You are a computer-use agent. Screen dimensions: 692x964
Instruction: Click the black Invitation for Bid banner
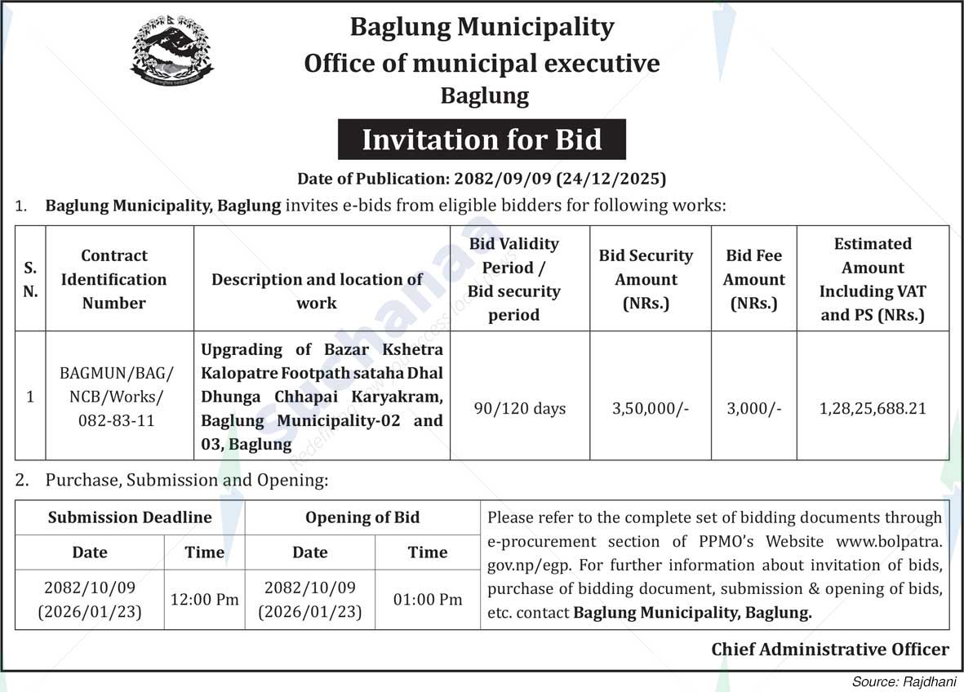tap(482, 140)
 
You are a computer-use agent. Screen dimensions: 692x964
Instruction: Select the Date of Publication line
tap(482, 178)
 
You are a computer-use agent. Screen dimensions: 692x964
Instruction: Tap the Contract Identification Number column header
tap(114, 279)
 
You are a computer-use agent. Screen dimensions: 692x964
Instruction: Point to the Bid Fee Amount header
tap(754, 279)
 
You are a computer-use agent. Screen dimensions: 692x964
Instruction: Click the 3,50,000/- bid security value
tap(651, 408)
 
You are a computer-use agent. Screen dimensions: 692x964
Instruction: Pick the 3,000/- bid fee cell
tap(754, 408)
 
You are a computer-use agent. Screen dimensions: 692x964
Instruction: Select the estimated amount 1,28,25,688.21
tap(873, 408)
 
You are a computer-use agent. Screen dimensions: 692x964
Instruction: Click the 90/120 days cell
tap(520, 408)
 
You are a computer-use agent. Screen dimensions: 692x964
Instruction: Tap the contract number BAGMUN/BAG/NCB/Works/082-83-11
tap(117, 397)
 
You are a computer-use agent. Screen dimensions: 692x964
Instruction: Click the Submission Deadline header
tap(130, 517)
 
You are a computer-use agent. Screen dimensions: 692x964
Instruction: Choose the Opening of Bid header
tap(362, 517)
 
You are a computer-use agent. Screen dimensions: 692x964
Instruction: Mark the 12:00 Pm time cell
tap(204, 600)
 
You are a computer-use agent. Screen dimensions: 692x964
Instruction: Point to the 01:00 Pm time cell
tap(428, 600)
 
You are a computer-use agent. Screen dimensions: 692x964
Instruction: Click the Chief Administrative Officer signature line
tap(830, 650)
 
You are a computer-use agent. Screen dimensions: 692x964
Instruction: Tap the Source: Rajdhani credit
tap(903, 681)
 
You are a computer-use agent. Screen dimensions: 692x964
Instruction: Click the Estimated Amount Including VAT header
tap(873, 279)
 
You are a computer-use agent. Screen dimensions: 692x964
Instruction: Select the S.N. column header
tap(30, 279)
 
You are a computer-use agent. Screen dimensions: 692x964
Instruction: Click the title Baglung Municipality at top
tap(482, 27)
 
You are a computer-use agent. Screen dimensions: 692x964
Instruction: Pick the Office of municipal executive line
tap(482, 63)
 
